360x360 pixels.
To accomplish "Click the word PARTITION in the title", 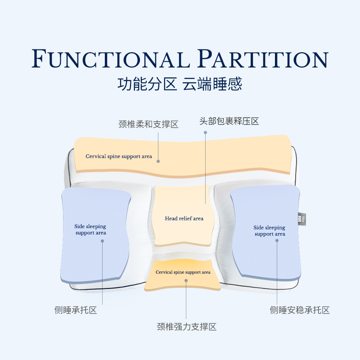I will [263, 60].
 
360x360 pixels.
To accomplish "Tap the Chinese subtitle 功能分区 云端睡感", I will [180, 84].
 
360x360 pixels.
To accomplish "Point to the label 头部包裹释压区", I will [229, 121].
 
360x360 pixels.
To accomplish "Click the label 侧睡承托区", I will [76, 310].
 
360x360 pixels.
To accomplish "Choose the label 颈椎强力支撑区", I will [186, 327].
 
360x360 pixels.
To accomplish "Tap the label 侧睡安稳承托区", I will [300, 310].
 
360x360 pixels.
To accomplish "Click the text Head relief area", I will [184, 219].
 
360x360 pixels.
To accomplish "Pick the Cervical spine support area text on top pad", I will [119, 157].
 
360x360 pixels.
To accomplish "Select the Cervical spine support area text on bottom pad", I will [183, 272].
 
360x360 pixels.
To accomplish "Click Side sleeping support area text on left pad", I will [90, 229].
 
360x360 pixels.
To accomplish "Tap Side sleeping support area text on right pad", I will [270, 230].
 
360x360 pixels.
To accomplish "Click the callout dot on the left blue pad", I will [102, 241].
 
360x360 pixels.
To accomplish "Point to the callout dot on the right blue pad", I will [277, 241].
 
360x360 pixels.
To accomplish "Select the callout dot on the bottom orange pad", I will [186, 280].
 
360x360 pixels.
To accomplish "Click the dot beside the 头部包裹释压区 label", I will [206, 132].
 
